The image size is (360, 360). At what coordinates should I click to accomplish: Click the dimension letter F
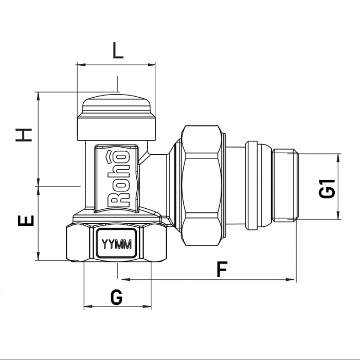[222, 269]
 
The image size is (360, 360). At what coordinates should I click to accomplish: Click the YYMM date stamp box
[117, 244]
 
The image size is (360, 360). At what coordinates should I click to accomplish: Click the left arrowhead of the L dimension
[78, 65]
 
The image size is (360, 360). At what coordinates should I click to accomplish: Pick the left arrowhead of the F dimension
[120, 280]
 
